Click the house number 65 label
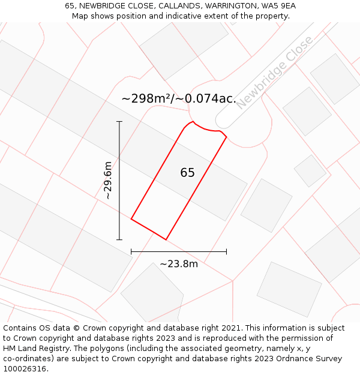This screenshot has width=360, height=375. (x=187, y=173)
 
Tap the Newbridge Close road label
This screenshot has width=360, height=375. (x=274, y=73)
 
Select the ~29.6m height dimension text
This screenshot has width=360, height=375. (x=108, y=180)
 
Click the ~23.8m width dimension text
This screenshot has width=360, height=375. (x=179, y=264)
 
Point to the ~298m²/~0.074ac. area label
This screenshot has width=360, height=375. (x=179, y=98)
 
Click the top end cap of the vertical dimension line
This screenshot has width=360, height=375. (x=119, y=122)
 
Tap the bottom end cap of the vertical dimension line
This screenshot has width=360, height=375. (x=119, y=239)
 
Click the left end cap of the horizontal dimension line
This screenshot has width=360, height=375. (x=131, y=252)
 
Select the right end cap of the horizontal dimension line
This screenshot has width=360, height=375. (x=226, y=252)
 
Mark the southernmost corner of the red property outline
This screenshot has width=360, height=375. (x=166, y=239)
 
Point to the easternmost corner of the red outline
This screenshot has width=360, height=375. (x=226, y=137)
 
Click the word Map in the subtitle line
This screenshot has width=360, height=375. (x=80, y=16)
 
